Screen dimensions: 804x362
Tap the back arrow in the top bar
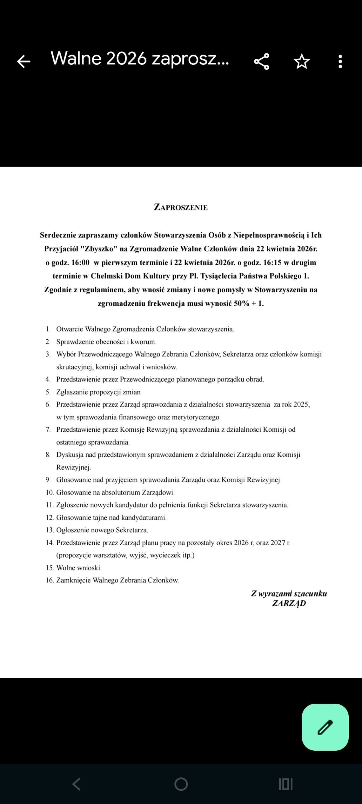[x=23, y=61]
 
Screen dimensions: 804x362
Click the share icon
[x=262, y=61]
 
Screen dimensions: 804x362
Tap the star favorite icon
[x=301, y=61]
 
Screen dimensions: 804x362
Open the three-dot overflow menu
[x=340, y=61]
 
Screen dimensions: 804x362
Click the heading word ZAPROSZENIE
[x=181, y=207]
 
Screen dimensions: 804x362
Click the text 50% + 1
[x=249, y=303]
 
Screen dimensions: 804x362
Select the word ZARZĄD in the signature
[x=289, y=603]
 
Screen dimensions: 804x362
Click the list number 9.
[x=48, y=480]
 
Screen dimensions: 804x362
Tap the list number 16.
[x=50, y=580]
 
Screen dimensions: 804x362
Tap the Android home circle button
[x=181, y=784]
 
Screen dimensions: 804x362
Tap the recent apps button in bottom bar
[x=285, y=784]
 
